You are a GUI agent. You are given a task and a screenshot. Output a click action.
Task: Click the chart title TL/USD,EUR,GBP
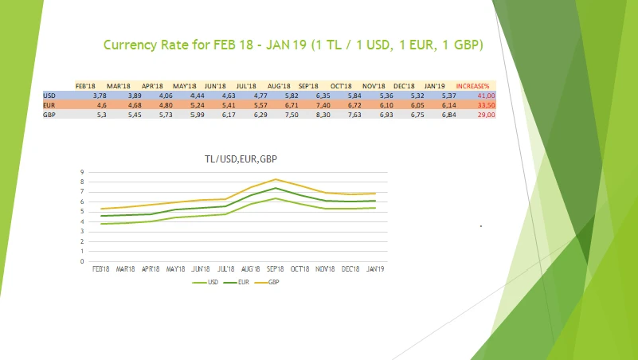(x=239, y=159)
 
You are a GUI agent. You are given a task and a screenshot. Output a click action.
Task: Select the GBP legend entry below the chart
(x=273, y=282)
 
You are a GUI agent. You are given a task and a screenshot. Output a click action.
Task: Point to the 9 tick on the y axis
(x=82, y=172)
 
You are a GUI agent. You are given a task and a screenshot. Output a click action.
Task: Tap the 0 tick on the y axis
(x=82, y=261)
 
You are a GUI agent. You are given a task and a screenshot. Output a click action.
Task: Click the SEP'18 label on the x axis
(x=276, y=269)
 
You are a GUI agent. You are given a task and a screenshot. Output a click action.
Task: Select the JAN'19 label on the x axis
(x=374, y=269)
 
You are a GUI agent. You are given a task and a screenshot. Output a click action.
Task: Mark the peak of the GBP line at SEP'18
(x=276, y=179)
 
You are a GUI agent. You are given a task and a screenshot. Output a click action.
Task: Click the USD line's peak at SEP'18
(x=276, y=198)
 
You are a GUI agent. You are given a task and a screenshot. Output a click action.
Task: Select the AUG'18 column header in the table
(x=279, y=85)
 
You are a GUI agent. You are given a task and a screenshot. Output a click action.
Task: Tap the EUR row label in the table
(x=49, y=104)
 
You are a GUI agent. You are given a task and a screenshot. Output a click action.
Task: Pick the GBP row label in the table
(x=49, y=115)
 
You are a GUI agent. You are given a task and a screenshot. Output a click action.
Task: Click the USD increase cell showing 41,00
(x=486, y=96)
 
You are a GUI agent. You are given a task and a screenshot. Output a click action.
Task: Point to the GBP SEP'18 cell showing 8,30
(x=311, y=115)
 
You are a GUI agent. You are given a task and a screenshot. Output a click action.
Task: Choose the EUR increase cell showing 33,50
(x=486, y=104)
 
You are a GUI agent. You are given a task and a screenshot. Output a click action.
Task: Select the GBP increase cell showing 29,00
(x=486, y=115)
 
